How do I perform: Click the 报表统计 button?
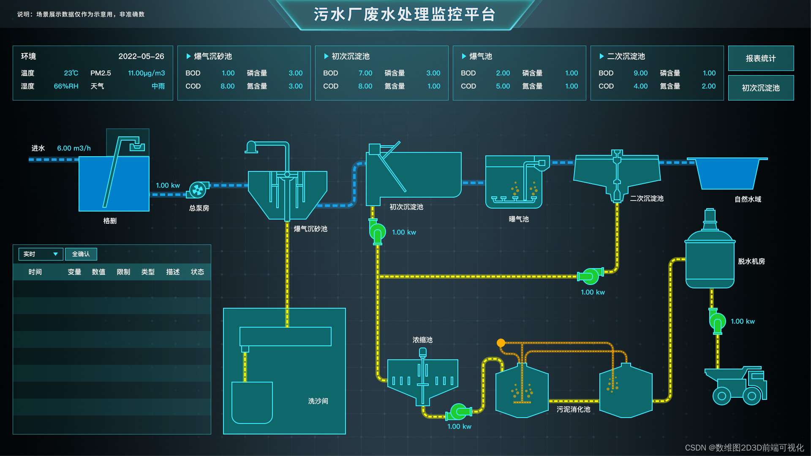point(760,58)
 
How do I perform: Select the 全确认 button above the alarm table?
point(81,254)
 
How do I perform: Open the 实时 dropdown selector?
point(41,254)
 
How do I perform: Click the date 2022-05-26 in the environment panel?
point(141,56)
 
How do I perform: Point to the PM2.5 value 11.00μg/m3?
point(146,73)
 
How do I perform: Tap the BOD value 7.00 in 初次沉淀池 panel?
point(365,73)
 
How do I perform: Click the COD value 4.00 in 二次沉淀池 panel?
point(640,86)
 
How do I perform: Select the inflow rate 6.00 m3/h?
point(74,148)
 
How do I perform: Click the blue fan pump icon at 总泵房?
point(197,190)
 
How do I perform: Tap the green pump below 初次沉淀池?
point(377,232)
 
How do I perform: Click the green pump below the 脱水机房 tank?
point(717,322)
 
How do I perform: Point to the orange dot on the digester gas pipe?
point(501,343)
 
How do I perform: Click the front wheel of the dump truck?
point(752,396)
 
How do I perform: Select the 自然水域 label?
point(748,199)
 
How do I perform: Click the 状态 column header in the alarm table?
point(197,272)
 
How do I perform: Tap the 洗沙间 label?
point(318,401)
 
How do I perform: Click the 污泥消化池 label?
point(573,409)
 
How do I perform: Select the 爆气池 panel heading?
point(481,56)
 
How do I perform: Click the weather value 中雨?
point(158,86)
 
